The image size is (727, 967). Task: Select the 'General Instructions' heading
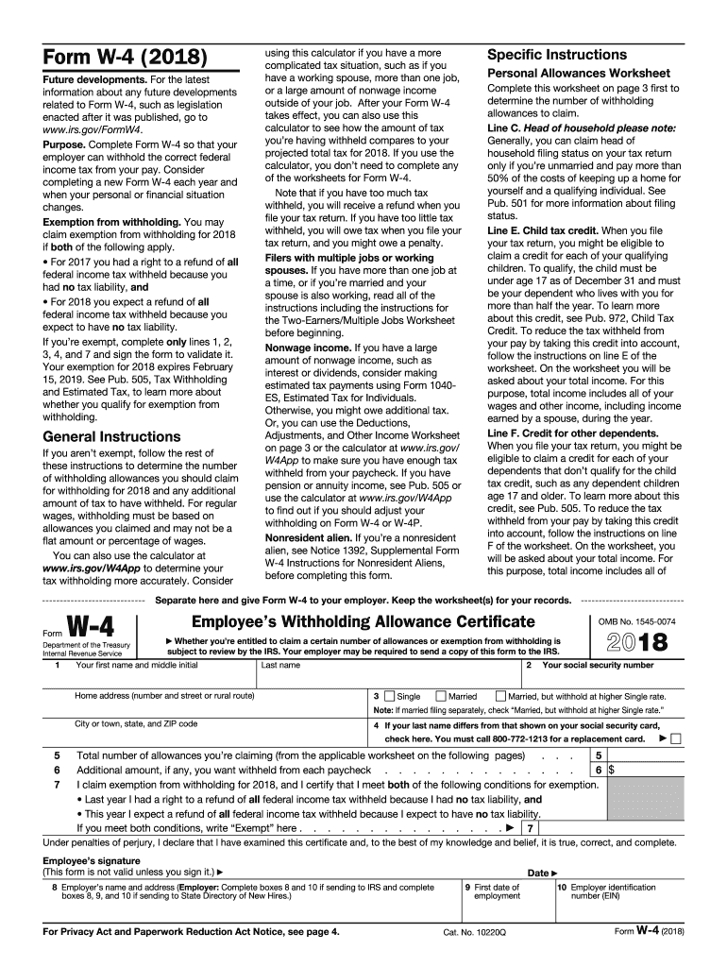pos(111,436)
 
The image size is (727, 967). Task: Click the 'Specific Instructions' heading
pos(556,55)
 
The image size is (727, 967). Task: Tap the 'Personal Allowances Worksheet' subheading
pos(578,74)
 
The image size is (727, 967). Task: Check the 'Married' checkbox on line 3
pos(441,696)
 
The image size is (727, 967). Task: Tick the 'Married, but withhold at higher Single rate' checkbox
pos(501,696)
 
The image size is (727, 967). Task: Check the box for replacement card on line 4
pos(674,738)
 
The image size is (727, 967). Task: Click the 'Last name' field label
pos(281,665)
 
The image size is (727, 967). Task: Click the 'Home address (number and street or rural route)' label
pos(164,696)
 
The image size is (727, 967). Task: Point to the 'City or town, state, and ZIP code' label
pos(136,724)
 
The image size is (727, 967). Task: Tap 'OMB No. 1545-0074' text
pos(636,620)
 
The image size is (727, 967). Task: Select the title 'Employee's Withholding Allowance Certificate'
pos(363,620)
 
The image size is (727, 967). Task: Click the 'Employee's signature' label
pos(92,861)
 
